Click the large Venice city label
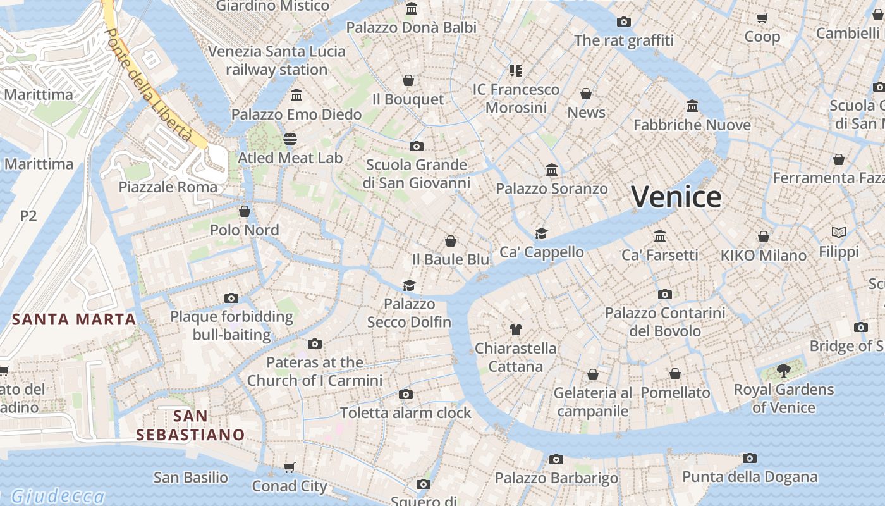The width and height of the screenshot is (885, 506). (x=676, y=197)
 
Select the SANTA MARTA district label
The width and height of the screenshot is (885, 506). (x=74, y=319)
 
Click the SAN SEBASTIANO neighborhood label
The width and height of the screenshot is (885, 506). (x=190, y=425)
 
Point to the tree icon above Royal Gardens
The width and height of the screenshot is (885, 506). (x=783, y=371)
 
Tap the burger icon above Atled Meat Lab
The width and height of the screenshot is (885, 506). (x=290, y=139)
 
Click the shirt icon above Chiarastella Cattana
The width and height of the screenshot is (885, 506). (x=516, y=329)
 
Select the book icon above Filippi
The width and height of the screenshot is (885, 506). (x=839, y=233)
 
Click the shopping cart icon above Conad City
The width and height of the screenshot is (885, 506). (x=289, y=467)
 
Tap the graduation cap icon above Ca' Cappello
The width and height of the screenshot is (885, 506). (x=541, y=233)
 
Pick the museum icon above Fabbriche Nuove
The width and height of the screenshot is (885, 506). (x=692, y=106)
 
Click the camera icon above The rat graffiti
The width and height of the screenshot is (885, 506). (x=624, y=22)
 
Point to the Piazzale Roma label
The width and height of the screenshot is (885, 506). (x=168, y=187)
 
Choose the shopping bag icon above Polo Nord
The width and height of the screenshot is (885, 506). (x=245, y=211)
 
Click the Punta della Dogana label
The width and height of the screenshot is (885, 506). (x=750, y=477)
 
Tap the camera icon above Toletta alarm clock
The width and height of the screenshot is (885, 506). (x=406, y=395)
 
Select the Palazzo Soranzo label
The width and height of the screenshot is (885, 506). (x=552, y=188)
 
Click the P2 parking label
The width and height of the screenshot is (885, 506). (x=28, y=216)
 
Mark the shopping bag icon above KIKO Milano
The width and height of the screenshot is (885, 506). (x=764, y=237)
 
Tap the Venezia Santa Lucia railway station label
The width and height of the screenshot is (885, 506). (x=277, y=60)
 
